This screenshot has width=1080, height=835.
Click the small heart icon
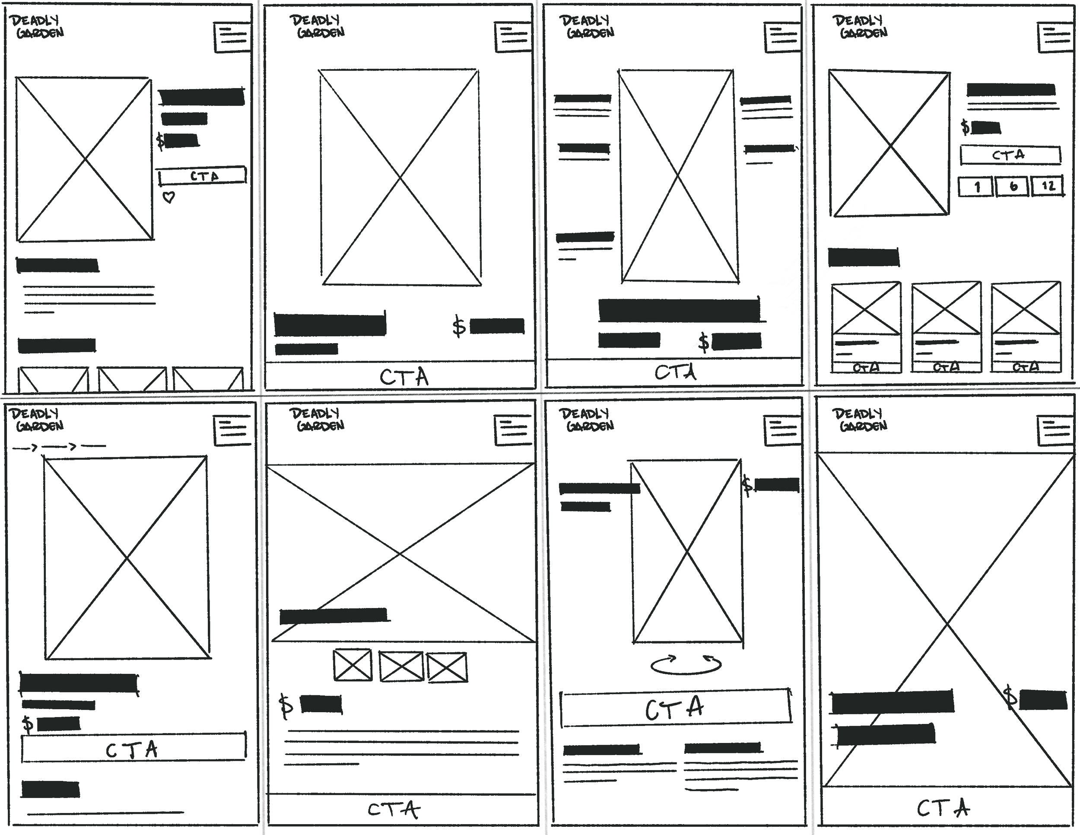(x=169, y=198)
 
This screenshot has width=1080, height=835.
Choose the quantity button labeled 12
(x=1048, y=186)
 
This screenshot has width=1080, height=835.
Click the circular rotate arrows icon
(x=686, y=665)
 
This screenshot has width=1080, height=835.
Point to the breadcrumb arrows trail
(x=59, y=447)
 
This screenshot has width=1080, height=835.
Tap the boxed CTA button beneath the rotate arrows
(x=675, y=708)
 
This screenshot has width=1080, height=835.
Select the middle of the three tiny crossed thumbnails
(x=401, y=666)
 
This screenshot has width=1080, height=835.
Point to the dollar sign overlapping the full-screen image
(x=1011, y=698)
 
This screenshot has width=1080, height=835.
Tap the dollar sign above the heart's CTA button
(x=160, y=141)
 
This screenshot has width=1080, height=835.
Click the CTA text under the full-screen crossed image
(x=943, y=808)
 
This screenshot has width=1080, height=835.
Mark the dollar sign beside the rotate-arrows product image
(x=747, y=486)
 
